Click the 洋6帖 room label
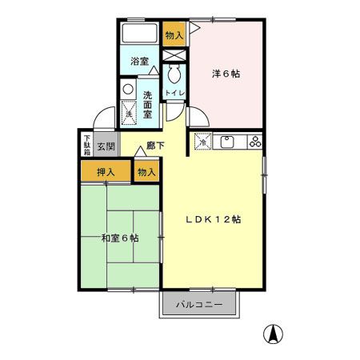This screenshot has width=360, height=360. pos(226,74)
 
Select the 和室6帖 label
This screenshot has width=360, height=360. pos(120,238)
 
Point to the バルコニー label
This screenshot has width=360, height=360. pos(199,305)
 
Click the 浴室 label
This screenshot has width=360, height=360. pos(140,61)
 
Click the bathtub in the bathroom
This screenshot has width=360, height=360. pos(141,34)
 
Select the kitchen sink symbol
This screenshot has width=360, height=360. pos(226,142)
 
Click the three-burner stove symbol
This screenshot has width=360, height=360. pos(255,142)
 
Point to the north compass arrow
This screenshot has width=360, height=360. pos(274,335)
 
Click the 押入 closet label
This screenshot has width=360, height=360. pos(106,171)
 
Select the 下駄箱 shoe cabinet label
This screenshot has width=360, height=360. pos(86,146)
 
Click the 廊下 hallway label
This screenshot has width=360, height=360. pos(155,147)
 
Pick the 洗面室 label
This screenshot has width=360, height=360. pos(148,104)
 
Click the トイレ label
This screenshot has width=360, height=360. pos(174,94)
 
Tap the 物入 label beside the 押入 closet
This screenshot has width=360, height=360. pos(146,171)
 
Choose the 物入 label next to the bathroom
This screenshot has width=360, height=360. pos(174,34)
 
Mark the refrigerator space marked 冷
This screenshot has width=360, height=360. pos(202,142)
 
